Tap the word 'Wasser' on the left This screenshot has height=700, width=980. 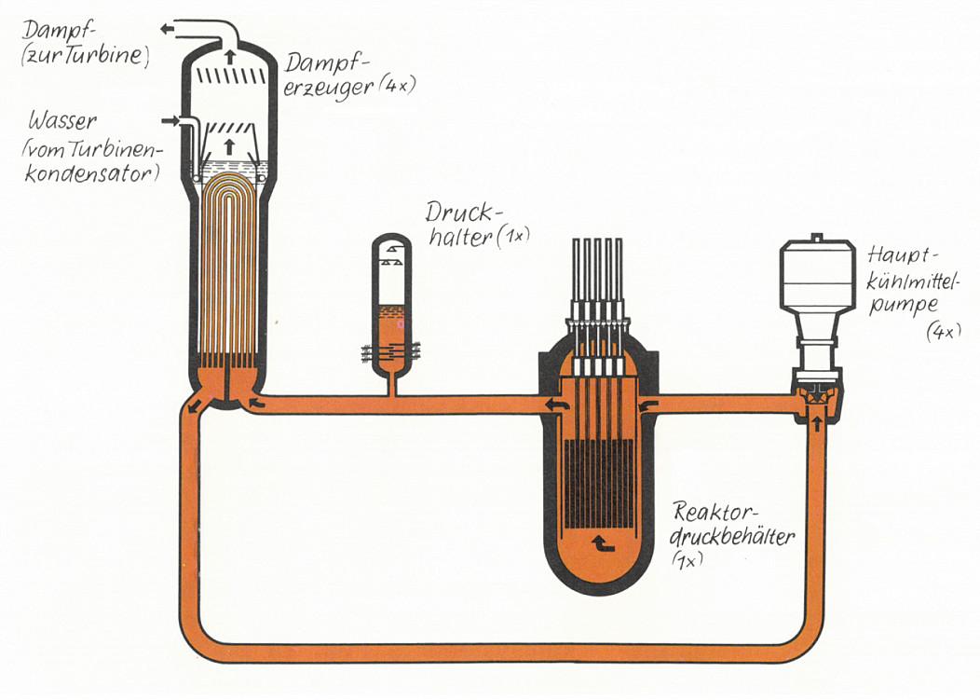pyautogui.click(x=63, y=120)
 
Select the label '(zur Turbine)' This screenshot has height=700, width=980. pyautogui.click(x=85, y=56)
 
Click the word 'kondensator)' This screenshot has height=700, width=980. pyautogui.click(x=92, y=172)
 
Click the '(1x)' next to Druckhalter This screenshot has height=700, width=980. pyautogui.click(x=513, y=237)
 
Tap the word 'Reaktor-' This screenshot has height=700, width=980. pyautogui.click(x=714, y=512)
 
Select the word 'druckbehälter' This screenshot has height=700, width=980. pyautogui.click(x=732, y=537)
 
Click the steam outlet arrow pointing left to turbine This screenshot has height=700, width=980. pyautogui.click(x=167, y=29)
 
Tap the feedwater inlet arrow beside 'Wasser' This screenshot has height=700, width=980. pyautogui.click(x=170, y=120)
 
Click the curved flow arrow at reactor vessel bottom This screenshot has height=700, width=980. pyautogui.click(x=603, y=543)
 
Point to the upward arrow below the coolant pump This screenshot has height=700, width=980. pyautogui.click(x=816, y=423)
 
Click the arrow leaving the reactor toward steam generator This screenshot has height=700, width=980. pyautogui.click(x=557, y=405)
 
